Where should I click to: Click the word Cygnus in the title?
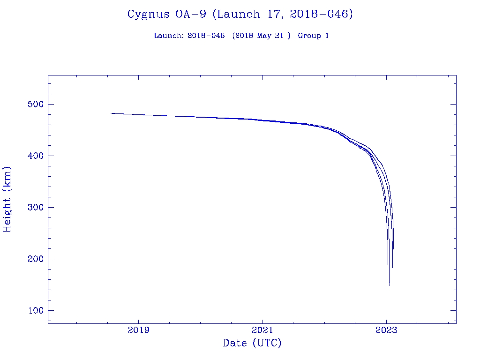148,14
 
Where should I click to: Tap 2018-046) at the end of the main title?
321,14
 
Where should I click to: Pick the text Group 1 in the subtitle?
313,36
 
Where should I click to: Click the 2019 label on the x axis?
139,330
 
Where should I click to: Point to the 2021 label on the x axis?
262,330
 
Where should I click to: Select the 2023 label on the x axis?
386,330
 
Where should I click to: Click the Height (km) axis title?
7,199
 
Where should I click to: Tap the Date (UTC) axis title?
252,343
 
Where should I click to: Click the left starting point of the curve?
111,113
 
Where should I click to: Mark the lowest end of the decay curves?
390,285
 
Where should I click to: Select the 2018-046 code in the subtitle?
206,36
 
